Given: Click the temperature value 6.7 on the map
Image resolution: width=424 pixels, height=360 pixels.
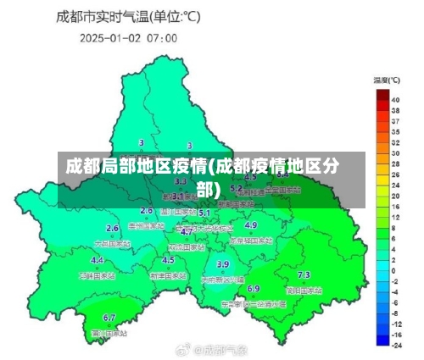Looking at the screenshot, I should [109, 318].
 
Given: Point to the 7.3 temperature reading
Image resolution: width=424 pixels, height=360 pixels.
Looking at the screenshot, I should [304, 275].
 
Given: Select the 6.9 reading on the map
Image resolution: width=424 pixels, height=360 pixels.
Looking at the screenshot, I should [254, 289].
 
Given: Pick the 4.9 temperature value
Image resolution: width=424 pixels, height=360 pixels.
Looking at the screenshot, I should [250, 225].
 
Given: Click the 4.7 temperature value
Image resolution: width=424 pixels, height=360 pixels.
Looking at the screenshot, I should [186, 231].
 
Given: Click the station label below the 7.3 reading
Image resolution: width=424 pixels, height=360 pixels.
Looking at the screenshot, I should [304, 290].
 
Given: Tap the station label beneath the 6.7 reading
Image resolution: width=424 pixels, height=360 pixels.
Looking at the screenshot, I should [109, 333].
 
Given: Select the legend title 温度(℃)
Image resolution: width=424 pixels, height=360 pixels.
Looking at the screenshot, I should [387, 80].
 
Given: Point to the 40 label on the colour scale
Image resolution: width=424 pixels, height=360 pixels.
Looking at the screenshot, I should [395, 98].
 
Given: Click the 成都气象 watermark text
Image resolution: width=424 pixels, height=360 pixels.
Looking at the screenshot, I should [219, 349].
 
